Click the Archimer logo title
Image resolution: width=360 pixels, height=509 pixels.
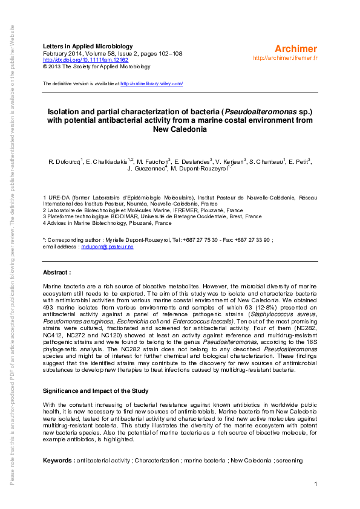[x=296, y=48]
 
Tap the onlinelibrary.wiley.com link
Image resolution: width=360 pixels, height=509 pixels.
[x=152, y=83]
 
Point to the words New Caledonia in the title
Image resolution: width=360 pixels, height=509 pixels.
[x=180, y=129]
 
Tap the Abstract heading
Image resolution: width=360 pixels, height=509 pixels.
[x=61, y=273]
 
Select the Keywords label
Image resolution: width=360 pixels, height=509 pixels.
[x=59, y=461]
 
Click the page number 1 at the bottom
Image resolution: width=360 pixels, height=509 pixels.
[x=316, y=484]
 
